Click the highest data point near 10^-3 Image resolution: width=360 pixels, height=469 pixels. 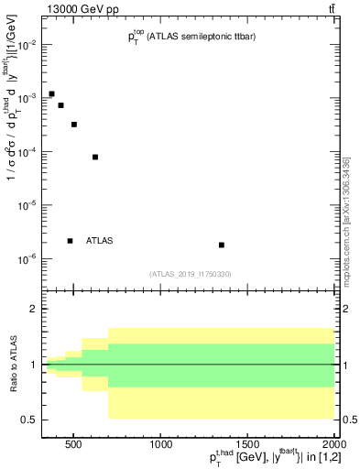(51, 93)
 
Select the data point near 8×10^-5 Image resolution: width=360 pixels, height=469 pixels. (95, 157)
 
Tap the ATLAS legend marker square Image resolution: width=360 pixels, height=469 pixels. (70, 241)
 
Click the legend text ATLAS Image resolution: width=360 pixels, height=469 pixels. (99, 241)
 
